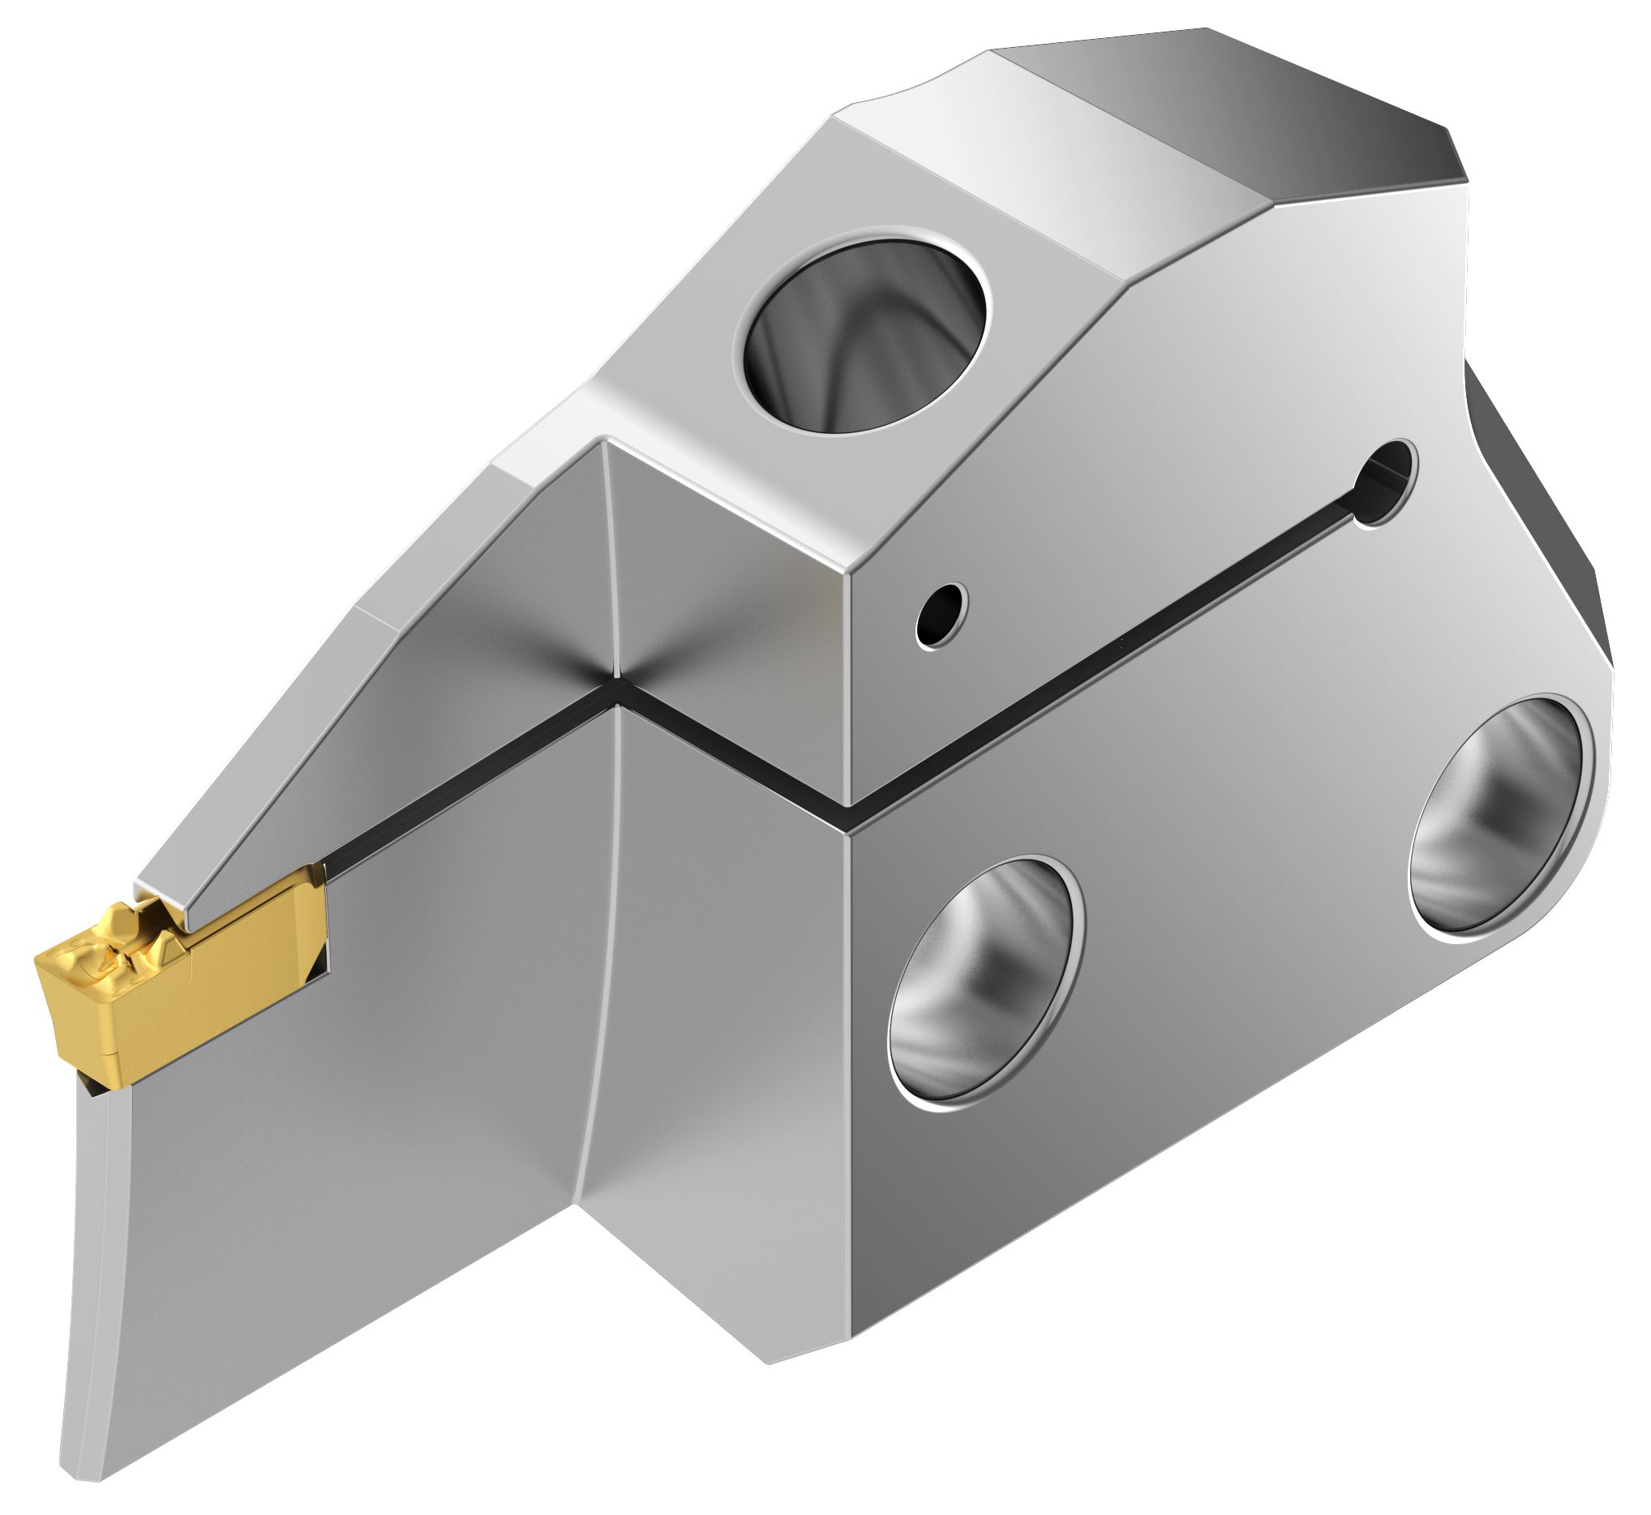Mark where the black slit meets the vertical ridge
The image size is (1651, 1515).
[x=613, y=678]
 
